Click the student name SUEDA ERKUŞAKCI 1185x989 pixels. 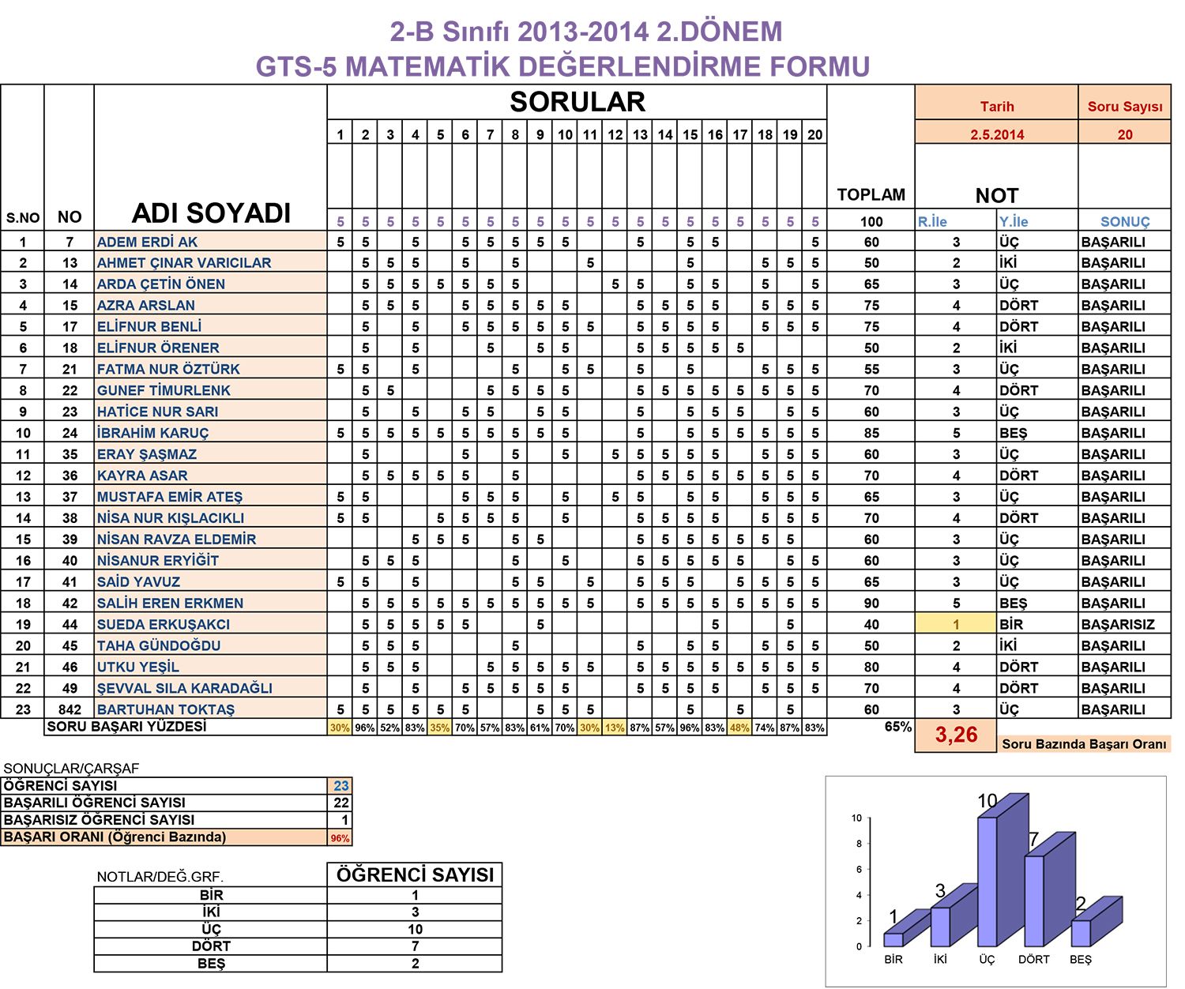click(163, 624)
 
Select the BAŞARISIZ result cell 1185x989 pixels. click(1118, 624)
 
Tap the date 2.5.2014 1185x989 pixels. click(996, 134)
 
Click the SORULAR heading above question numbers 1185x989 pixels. click(577, 102)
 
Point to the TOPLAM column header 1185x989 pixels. click(871, 194)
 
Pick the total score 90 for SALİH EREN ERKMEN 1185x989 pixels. click(871, 604)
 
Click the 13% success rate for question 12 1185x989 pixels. click(615, 728)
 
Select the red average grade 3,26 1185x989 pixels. click(956, 735)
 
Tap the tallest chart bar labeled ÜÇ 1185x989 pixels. click(987, 882)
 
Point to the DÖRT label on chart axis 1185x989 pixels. click(1033, 959)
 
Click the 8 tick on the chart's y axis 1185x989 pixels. click(859, 844)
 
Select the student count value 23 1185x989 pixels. click(340, 786)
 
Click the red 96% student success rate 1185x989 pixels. click(340, 838)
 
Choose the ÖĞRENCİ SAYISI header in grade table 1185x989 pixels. click(415, 874)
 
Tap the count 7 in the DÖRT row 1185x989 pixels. click(415, 946)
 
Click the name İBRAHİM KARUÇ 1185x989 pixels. click(152, 433)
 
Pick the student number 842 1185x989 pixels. click(70, 709)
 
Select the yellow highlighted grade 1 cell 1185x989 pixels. click(956, 624)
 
